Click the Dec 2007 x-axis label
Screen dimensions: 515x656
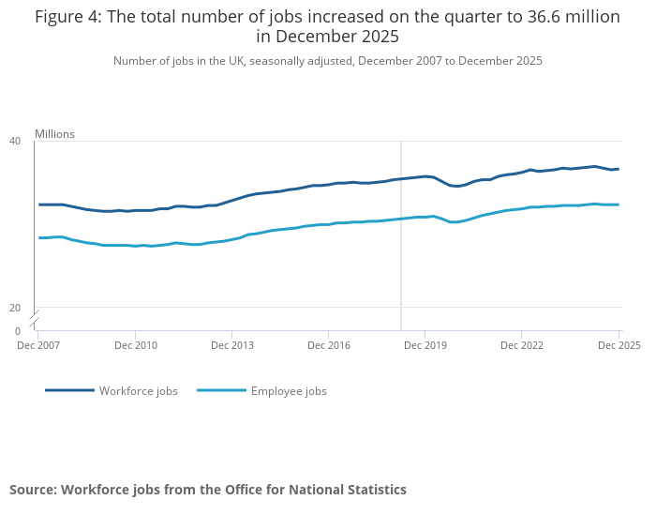click(38, 345)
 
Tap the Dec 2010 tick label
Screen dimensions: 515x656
click(135, 345)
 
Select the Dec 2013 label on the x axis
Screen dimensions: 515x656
click(232, 345)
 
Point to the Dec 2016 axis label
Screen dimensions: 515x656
click(328, 345)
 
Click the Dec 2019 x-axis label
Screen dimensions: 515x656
click(425, 345)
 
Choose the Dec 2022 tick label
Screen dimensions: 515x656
click(522, 345)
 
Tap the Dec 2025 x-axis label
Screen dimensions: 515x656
click(619, 345)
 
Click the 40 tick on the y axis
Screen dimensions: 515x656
click(15, 141)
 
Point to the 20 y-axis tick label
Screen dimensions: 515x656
click(15, 308)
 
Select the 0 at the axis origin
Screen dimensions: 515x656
click(18, 331)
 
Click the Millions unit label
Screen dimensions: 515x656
click(54, 134)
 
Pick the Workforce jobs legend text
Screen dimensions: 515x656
click(139, 391)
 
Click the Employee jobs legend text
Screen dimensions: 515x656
click(289, 391)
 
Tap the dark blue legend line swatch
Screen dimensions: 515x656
click(69, 390)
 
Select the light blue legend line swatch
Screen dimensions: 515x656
click(221, 390)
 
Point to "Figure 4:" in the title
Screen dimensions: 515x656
click(67, 17)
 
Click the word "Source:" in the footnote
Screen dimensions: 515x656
click(33, 490)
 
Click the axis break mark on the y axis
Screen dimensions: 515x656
click(36, 318)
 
